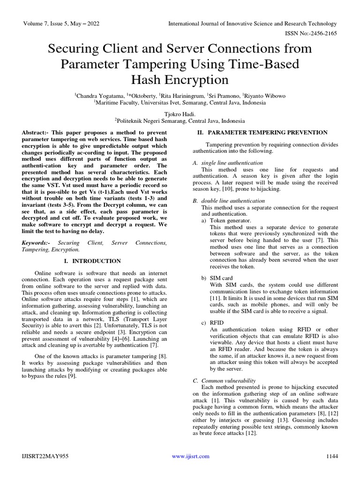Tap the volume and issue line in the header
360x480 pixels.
[61, 24]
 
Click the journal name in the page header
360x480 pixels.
[254, 24]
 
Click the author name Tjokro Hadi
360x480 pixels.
[180, 114]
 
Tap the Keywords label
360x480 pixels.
[37, 243]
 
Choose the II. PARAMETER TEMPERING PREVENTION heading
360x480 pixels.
[261, 133]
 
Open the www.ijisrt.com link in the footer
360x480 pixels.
[190, 456]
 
